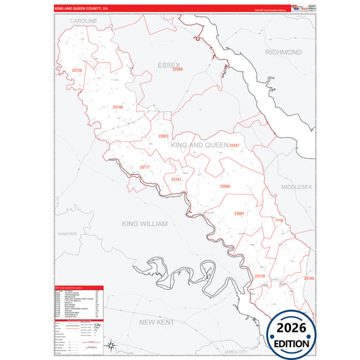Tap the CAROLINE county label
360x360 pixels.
click(x=84, y=21)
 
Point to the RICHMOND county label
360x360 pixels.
click(x=284, y=52)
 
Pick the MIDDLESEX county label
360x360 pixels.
click(x=297, y=186)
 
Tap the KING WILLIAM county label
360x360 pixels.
click(x=145, y=223)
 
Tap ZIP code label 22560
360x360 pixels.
click(x=178, y=69)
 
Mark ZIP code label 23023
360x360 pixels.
click(x=163, y=136)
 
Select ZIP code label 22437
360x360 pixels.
click(x=234, y=145)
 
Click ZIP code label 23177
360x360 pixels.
click(x=145, y=167)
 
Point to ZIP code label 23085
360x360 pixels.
click(x=225, y=186)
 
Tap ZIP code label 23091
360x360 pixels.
click(x=238, y=213)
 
